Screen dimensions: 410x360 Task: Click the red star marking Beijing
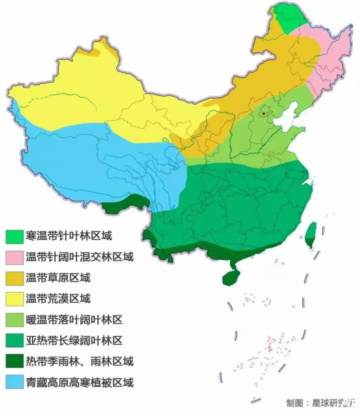[263, 114]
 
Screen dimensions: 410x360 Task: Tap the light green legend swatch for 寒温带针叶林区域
[14, 235]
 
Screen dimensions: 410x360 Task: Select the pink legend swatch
[14, 257]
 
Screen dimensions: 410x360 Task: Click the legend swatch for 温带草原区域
[14, 278]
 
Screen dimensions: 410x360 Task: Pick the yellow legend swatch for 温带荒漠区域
[14, 299]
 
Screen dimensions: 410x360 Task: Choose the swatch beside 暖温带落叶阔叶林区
[14, 320]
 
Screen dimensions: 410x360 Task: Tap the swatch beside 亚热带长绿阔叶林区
[14, 341]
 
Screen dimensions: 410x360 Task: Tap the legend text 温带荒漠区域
[57, 299]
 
